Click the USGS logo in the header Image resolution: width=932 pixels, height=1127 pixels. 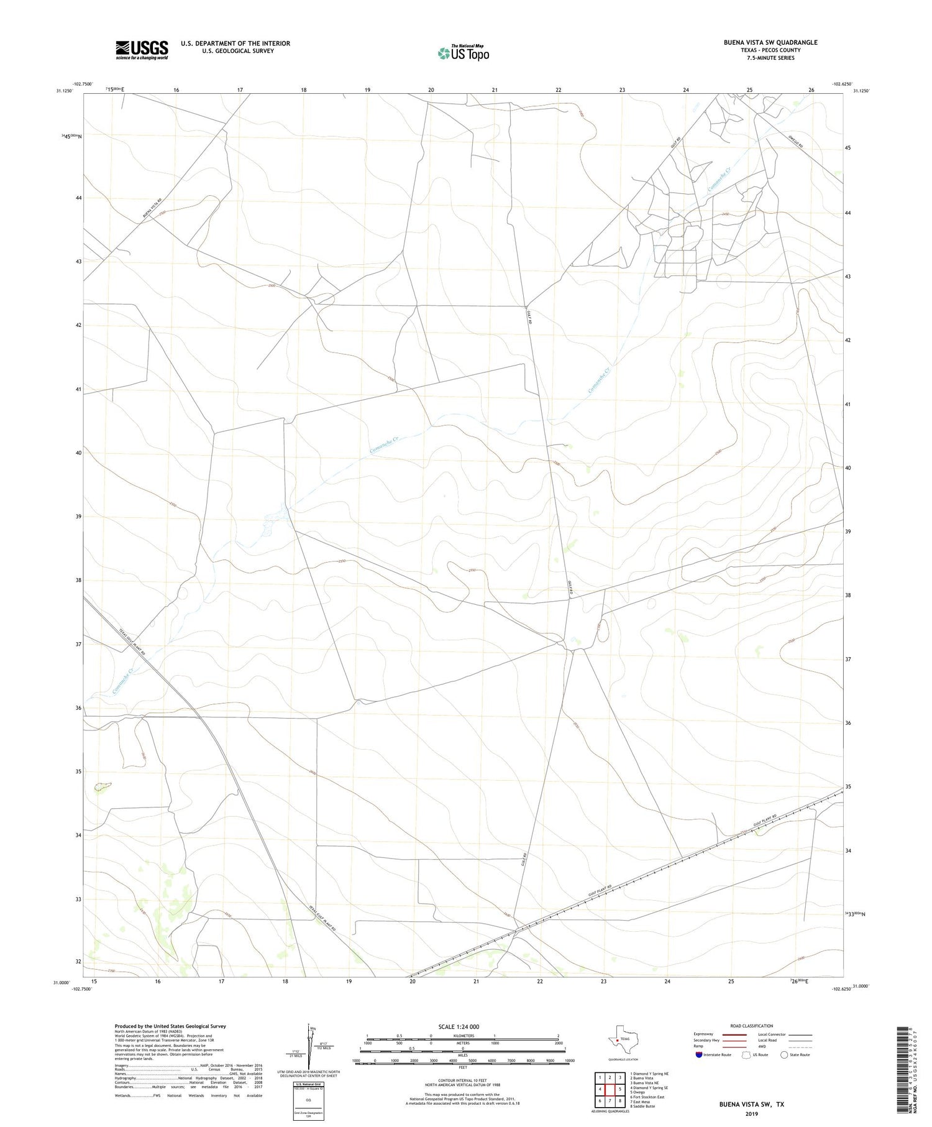pos(142,50)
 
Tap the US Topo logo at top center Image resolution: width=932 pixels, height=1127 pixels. pos(464,53)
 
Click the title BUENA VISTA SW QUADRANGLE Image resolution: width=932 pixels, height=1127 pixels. pos(770,42)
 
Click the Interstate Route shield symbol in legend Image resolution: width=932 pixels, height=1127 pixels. pos(699,1055)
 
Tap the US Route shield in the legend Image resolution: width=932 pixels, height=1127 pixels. pos(746,1055)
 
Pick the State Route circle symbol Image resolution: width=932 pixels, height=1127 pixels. pos(784,1055)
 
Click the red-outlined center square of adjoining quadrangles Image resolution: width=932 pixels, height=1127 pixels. pos(610,1089)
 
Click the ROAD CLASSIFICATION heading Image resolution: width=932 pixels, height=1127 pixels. pos(751,1026)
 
